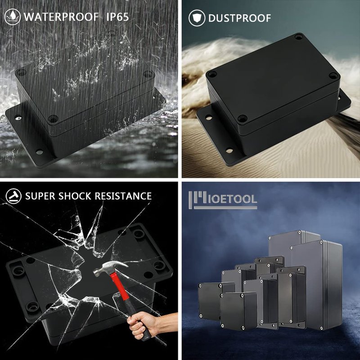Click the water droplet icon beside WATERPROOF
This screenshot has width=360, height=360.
[x=13, y=17]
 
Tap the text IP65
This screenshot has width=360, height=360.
[x=117, y=17]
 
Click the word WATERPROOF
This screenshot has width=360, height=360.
[x=61, y=17]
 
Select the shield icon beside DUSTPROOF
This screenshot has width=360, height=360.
[x=197, y=18]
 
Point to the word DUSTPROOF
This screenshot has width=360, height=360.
[x=239, y=18]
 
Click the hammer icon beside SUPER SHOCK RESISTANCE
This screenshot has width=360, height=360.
[x=13, y=196]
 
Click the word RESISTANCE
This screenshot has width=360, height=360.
[x=123, y=196]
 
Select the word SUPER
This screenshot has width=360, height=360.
[x=40, y=196]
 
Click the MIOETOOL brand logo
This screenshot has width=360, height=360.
[x=223, y=200]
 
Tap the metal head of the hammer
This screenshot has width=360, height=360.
[x=110, y=268]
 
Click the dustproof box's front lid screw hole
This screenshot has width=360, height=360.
[x=242, y=118]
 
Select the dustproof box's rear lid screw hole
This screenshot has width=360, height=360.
[x=298, y=36]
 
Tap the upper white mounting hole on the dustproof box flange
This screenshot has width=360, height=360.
[x=208, y=118]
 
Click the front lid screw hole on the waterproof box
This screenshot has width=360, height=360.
[x=53, y=119]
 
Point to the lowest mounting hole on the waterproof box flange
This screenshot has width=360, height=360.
[x=39, y=152]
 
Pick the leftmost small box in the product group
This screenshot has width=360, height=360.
[x=210, y=301]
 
